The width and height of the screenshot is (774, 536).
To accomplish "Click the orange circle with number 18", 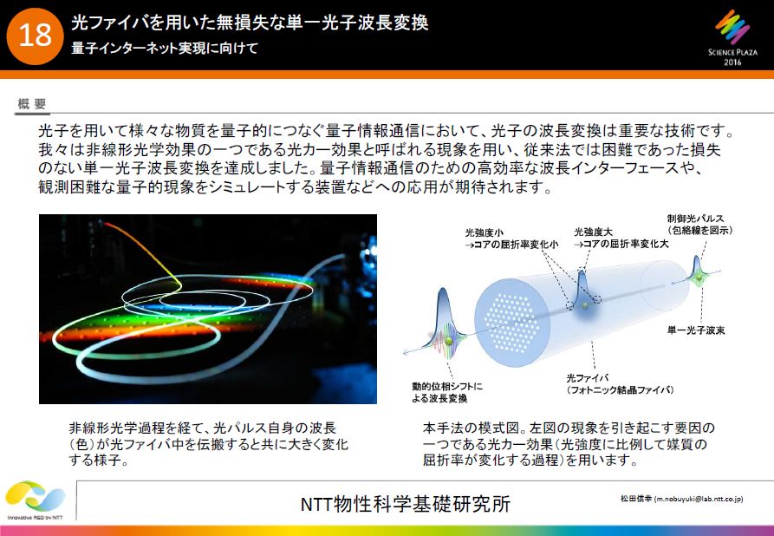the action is tap(35, 36).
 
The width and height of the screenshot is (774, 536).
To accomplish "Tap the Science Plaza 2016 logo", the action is tap(732, 38).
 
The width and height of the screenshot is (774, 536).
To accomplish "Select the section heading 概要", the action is tap(32, 104).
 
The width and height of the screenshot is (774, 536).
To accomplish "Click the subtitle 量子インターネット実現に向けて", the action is tap(165, 49).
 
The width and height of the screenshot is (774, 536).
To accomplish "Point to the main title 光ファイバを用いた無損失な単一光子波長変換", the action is tap(250, 23).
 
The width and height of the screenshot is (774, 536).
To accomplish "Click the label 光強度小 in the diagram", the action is tap(485, 232).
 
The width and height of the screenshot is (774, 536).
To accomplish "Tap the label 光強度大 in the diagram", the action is tap(594, 232).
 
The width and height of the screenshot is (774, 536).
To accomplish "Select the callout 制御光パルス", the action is tap(695, 219).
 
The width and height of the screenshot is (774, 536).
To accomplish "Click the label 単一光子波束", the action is tap(696, 330).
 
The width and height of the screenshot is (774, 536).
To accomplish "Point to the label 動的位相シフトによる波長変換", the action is tap(447, 392).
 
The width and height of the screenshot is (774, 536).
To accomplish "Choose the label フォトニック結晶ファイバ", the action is tap(621, 389).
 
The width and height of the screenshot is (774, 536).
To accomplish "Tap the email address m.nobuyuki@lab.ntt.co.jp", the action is tap(698, 500).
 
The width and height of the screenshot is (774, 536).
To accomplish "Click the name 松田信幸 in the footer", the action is tap(636, 499).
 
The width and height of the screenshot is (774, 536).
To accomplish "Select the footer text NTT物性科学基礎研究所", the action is tap(406, 505).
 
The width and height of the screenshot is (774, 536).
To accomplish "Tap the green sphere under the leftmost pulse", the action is tap(449, 342).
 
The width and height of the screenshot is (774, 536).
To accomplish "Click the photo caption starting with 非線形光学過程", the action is tap(209, 443).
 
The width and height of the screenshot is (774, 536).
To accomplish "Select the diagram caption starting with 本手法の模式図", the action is tap(569, 443).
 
